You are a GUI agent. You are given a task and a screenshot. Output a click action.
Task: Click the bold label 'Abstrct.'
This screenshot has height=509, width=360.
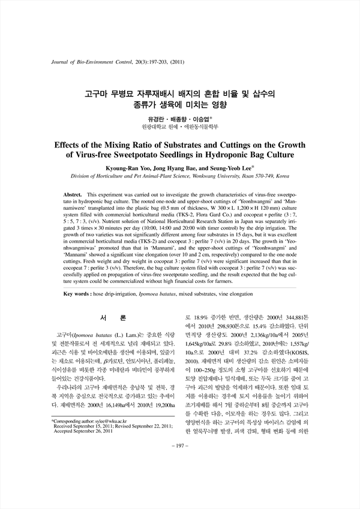pyautogui.click(x=75, y=196)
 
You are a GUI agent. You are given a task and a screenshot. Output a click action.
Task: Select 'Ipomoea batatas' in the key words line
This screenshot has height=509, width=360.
pyautogui.click(x=161, y=295)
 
